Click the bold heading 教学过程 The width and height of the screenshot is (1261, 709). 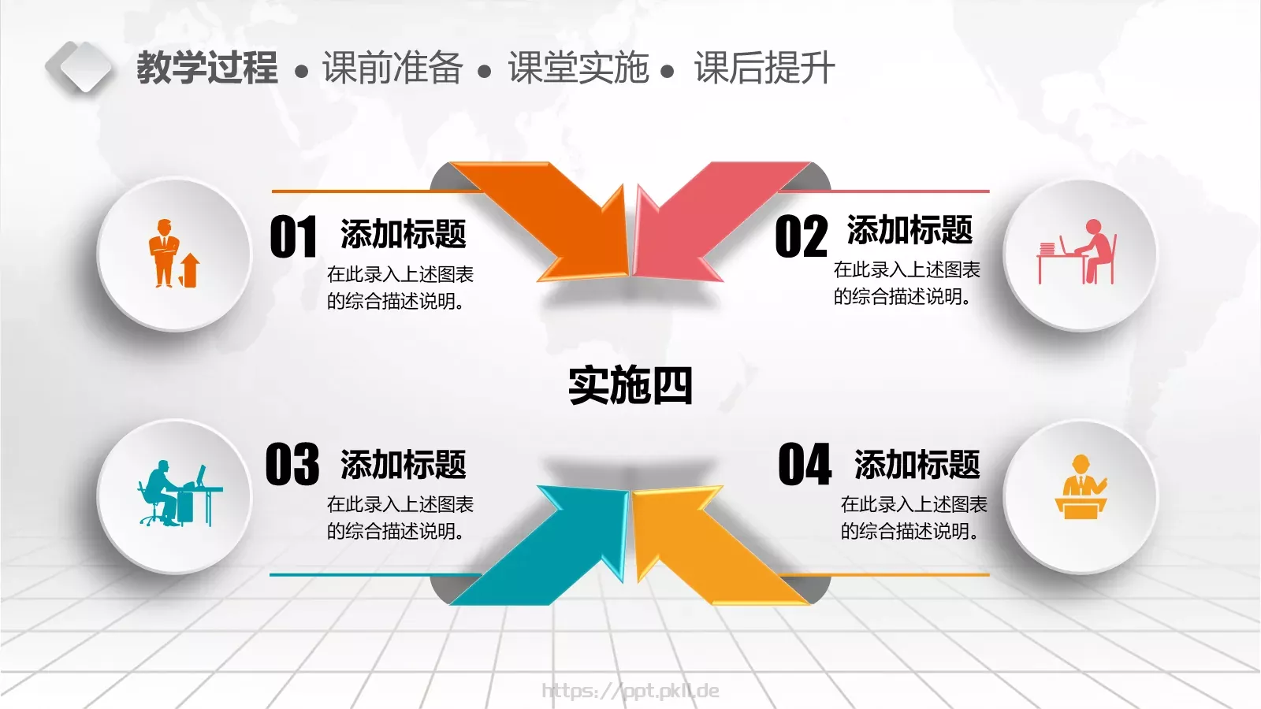point(206,68)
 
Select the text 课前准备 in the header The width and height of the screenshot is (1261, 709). point(392,68)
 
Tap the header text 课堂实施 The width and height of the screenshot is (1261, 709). point(578,68)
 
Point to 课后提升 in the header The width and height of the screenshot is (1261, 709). point(764,68)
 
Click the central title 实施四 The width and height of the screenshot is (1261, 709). point(630,385)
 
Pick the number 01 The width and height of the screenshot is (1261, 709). point(293,237)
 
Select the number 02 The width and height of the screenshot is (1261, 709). point(801,237)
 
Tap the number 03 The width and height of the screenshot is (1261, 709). point(292,465)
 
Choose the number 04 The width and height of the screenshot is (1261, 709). point(805,465)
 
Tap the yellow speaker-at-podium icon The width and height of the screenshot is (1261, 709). point(1081,488)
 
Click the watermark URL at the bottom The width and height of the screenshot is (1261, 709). point(630,691)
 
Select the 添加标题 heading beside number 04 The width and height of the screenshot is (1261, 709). point(917,465)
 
